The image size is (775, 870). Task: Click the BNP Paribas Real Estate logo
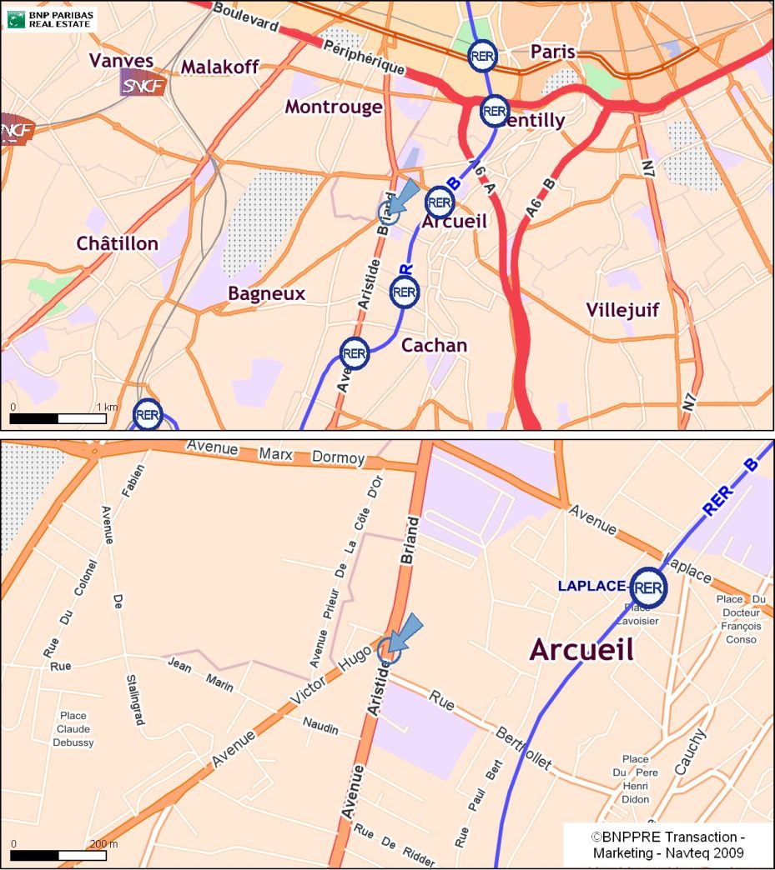coord(51,17)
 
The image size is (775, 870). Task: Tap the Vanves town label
coord(121,61)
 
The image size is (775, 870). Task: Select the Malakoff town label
coord(220,67)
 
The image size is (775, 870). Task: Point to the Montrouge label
coord(333,107)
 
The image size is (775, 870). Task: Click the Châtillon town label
coord(117,243)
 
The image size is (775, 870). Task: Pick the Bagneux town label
coord(266,293)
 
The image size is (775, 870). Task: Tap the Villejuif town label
coord(622,310)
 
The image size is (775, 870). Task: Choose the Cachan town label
coord(434,345)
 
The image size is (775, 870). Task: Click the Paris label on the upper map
coord(553,52)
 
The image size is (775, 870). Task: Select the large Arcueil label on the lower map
coord(581,649)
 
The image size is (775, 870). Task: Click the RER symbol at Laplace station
coord(648,587)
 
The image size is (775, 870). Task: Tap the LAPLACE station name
coord(591,587)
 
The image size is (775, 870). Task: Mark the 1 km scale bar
coord(58,417)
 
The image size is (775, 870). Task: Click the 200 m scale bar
coord(58,855)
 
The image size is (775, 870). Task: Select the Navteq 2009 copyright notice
coord(667,844)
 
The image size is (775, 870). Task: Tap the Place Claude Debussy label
coord(73,728)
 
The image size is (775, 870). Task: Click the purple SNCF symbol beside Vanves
coord(143,83)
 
